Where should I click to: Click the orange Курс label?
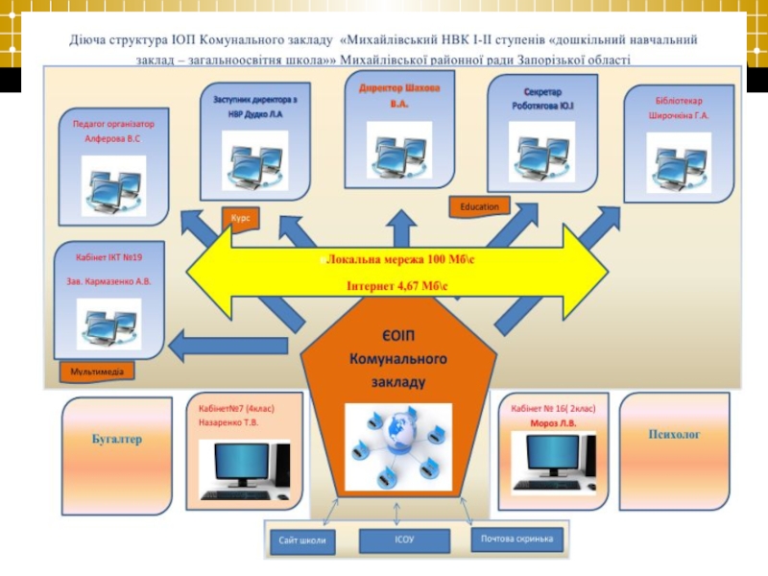point(240,218)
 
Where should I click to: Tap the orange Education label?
point(479,205)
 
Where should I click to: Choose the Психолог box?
point(674,435)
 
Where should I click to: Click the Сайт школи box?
point(302,540)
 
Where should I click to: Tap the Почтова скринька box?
point(517,539)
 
